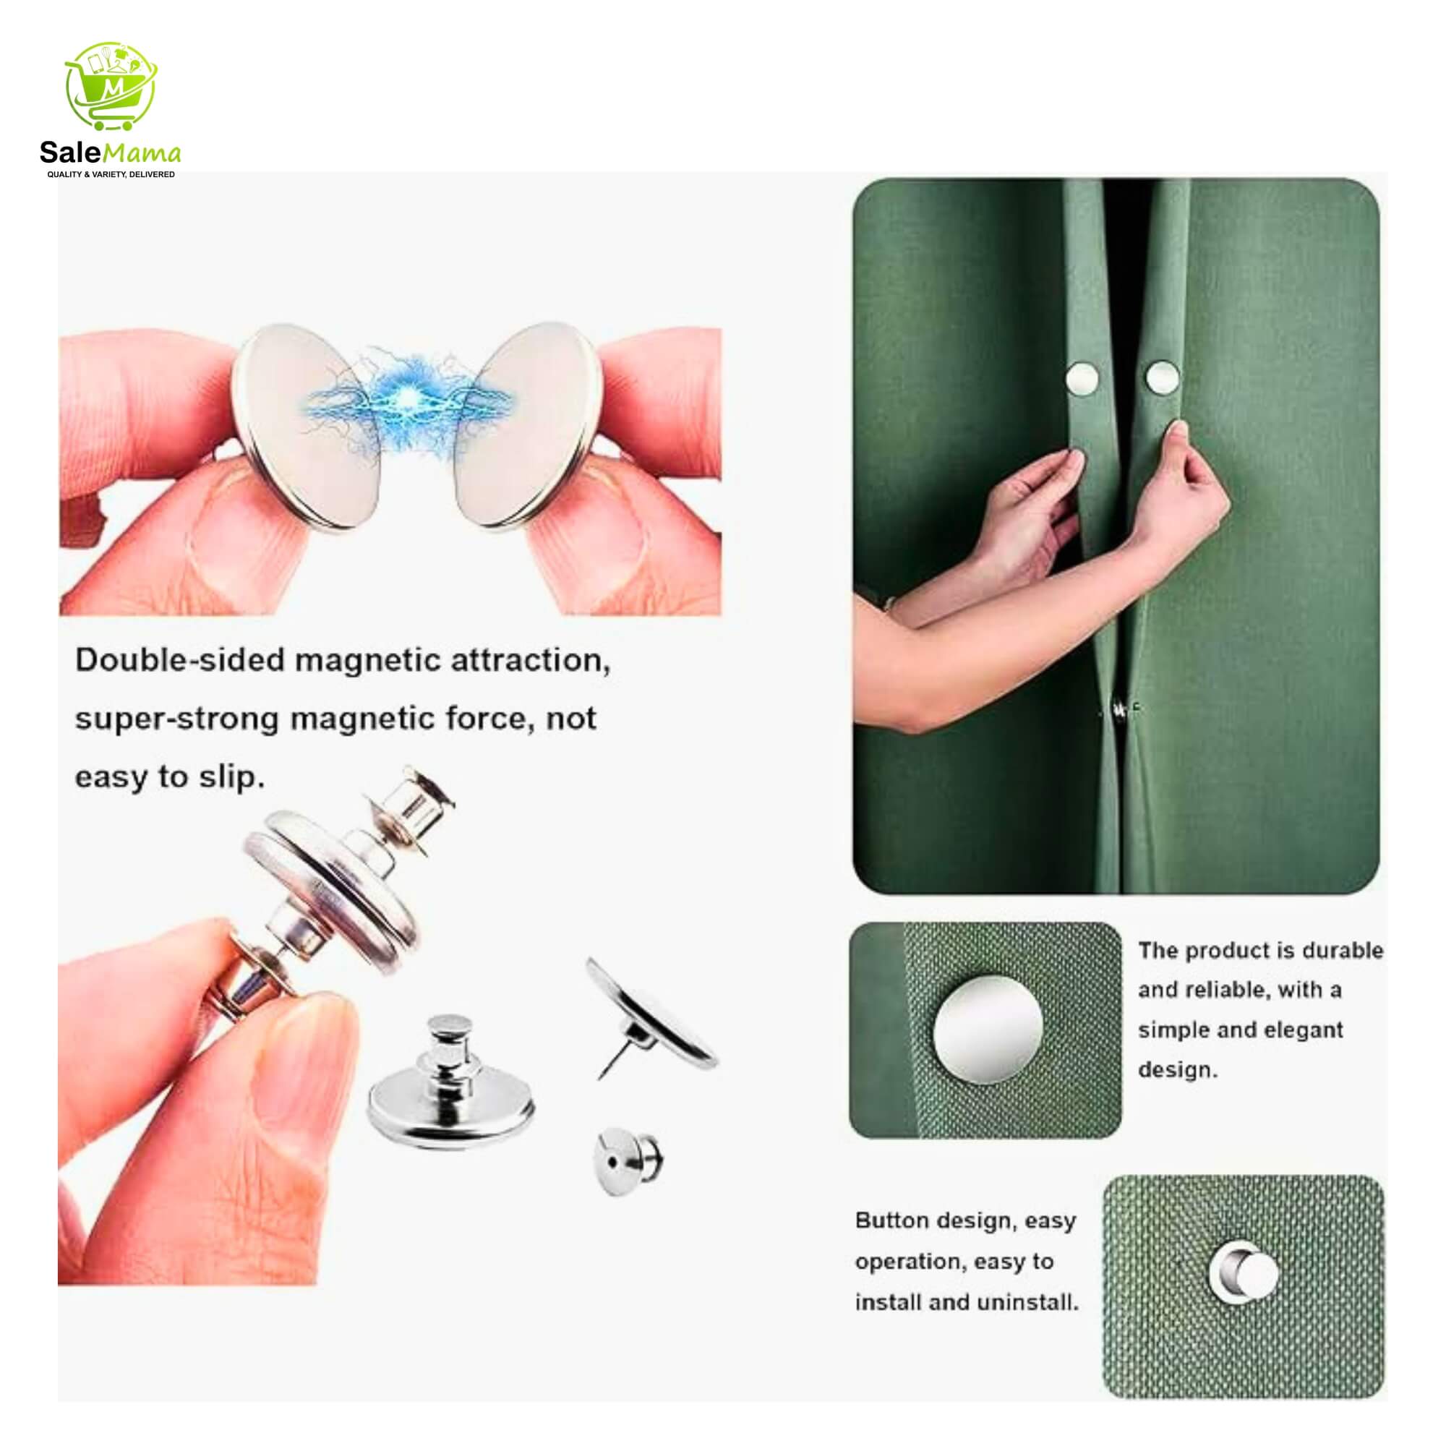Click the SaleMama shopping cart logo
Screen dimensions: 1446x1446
click(x=112, y=88)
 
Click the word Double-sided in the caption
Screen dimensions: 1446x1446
click(x=180, y=661)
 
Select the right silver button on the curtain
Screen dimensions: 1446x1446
click(x=1162, y=377)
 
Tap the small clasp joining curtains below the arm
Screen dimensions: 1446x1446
click(x=1121, y=707)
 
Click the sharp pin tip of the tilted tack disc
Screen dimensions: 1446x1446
click(x=599, y=1079)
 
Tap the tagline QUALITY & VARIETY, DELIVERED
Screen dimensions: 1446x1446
click(x=111, y=174)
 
